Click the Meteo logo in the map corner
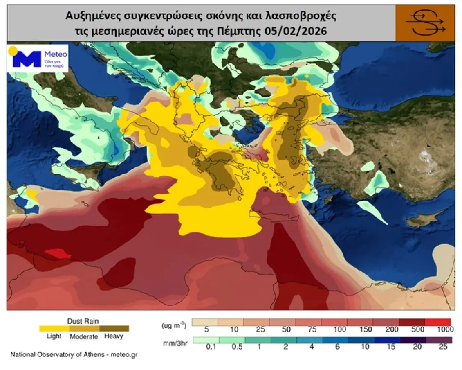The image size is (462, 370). coord(37,59)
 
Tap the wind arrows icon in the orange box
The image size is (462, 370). coord(425,23)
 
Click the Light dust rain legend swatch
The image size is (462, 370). coord(54,328)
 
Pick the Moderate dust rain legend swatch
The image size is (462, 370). coord(84,328)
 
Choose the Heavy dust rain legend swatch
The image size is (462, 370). coord(114,328)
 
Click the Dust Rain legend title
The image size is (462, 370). coord(83,321)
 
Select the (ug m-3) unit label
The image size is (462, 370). coord(174,325)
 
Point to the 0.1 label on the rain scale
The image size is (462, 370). coord(211,347)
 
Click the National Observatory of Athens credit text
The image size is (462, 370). coord(74,354)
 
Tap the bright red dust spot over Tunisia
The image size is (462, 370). coord(56,254)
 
